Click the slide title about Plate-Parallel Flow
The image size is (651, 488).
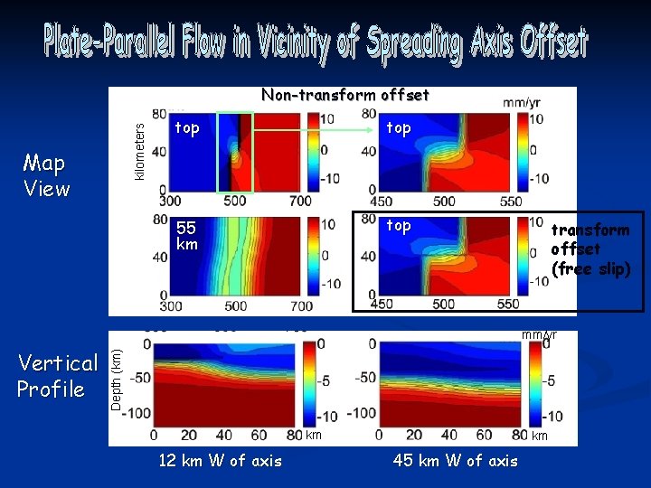tap(315, 42)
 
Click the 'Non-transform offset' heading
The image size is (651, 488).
tap(344, 95)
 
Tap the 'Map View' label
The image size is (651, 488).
tap(46, 175)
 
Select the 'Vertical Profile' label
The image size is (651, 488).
tap(58, 376)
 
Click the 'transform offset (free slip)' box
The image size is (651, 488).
tap(590, 249)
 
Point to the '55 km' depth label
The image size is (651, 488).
tap(186, 236)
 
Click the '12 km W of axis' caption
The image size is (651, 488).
tap(220, 461)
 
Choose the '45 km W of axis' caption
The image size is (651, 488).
tap(456, 461)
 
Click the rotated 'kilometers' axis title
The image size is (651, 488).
tap(138, 151)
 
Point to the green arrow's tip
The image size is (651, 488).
tap(373, 130)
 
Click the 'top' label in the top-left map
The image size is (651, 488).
tap(186, 128)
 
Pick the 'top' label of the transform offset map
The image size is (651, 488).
tap(398, 225)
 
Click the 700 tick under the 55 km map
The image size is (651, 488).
tap(301, 306)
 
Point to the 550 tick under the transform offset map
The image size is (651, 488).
tap(509, 305)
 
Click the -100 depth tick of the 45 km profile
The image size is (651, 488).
tap(361, 414)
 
